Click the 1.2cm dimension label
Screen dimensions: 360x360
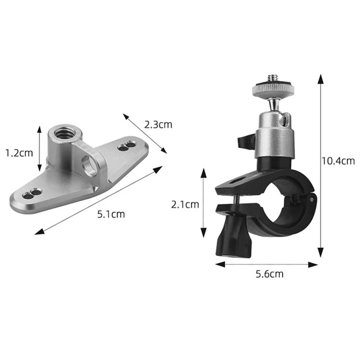[19, 153]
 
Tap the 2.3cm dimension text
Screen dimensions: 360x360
[158, 125]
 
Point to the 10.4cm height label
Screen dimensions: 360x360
[338, 161]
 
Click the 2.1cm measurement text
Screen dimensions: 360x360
[185, 205]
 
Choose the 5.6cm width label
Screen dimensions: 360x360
[269, 274]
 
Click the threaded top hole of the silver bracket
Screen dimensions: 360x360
[64, 134]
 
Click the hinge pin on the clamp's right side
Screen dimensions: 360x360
[311, 197]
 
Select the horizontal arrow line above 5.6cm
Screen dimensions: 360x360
[266, 265]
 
